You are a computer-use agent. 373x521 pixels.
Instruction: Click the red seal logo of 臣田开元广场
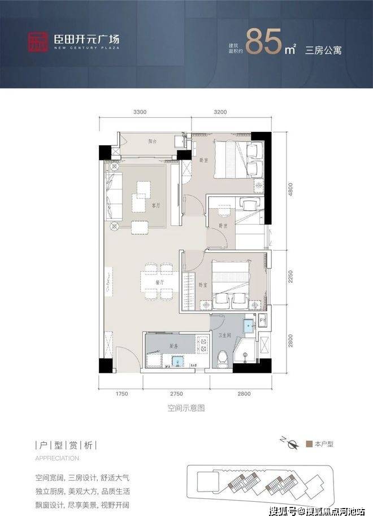39,40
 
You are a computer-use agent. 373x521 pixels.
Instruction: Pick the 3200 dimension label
221,112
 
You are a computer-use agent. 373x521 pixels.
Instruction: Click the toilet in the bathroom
224,358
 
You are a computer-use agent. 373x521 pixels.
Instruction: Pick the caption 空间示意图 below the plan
186,407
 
